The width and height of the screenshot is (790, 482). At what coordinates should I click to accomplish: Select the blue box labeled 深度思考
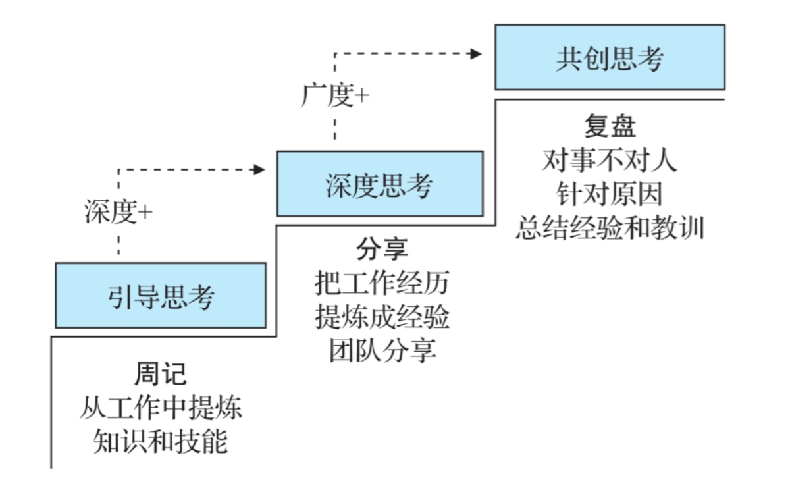click(379, 184)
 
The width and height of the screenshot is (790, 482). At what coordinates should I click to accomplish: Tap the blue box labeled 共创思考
click(610, 57)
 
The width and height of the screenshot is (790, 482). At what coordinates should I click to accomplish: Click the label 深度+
click(118, 212)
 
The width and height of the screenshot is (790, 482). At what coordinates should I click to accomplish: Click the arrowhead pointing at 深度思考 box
click(259, 170)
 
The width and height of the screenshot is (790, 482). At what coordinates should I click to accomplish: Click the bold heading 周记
click(161, 374)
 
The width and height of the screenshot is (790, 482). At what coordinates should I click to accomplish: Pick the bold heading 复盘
click(610, 125)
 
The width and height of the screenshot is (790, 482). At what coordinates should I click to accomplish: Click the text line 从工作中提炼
click(161, 408)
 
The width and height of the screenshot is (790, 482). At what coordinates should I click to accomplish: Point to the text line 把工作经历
click(382, 284)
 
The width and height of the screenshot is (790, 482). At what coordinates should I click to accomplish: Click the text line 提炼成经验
click(382, 317)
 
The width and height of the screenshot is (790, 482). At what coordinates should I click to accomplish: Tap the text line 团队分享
click(382, 350)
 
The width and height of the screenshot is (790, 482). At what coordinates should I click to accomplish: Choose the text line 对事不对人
click(610, 160)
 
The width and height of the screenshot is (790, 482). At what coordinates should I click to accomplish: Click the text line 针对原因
click(610, 194)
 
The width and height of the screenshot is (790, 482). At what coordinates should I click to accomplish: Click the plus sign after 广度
click(362, 97)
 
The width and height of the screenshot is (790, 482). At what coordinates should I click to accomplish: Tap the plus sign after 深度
click(145, 213)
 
